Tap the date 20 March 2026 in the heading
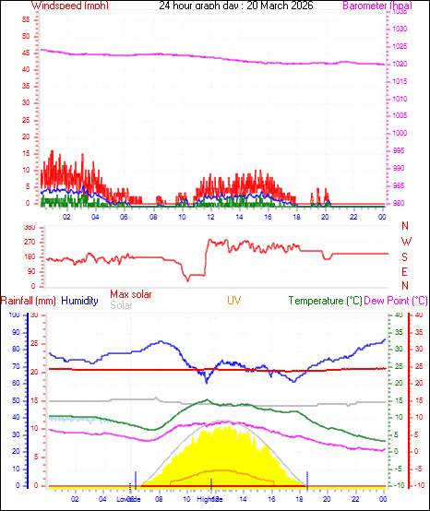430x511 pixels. [x=280, y=6]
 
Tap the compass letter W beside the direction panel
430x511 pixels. [x=405, y=241]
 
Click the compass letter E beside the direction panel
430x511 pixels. [x=405, y=271]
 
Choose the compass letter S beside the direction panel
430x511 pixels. [x=405, y=256]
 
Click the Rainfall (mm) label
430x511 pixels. [x=29, y=301]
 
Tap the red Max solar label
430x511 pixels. [x=132, y=294]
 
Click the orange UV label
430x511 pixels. [x=235, y=301]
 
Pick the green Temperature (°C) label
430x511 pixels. [x=325, y=301]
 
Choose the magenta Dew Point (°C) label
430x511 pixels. [x=396, y=301]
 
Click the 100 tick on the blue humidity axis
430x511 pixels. [x=14, y=315]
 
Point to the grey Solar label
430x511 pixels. [x=121, y=305]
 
